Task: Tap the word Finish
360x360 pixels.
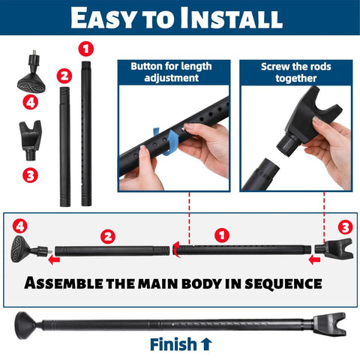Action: pyautogui.click(x=173, y=346)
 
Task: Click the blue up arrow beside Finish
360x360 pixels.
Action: pyautogui.click(x=207, y=346)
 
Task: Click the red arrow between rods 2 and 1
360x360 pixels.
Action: pyautogui.click(x=173, y=250)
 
